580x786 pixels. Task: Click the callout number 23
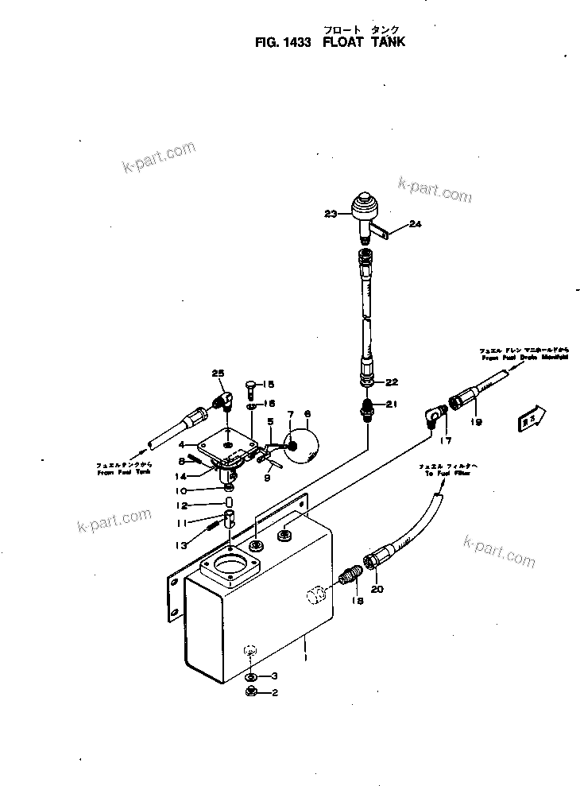[x=331, y=213]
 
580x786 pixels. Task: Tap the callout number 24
[x=414, y=225]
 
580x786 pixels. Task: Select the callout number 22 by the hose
[x=391, y=382]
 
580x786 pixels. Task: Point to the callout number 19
[x=476, y=422]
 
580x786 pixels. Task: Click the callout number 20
[x=377, y=589]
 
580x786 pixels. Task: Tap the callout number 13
[x=182, y=545]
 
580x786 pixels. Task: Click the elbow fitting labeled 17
[x=434, y=415]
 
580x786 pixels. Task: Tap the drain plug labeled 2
[x=249, y=693]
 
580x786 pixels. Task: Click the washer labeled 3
[x=249, y=677]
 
